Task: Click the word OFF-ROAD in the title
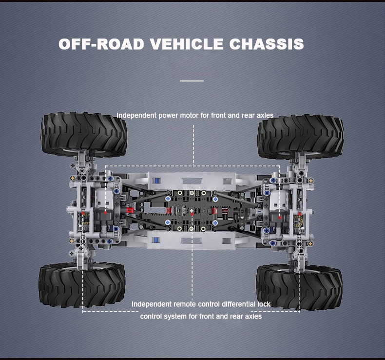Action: (x=101, y=44)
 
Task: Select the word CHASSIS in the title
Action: (x=266, y=44)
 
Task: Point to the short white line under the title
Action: (x=192, y=80)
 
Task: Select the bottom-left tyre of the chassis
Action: (x=81, y=285)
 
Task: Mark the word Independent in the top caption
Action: (x=136, y=116)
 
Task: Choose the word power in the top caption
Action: (x=171, y=116)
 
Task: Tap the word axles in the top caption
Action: (x=264, y=116)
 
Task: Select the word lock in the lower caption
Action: (x=264, y=304)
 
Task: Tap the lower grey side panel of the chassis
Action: (x=192, y=240)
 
